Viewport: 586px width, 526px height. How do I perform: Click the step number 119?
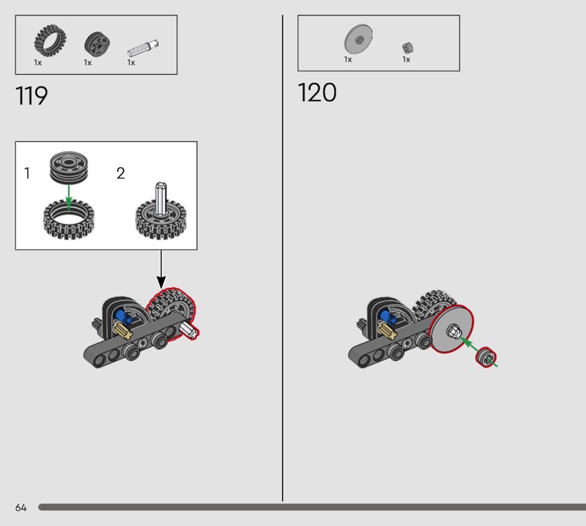pos(31,96)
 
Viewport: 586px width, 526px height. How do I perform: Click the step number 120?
pos(317,93)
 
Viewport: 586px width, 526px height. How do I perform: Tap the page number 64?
pos(21,508)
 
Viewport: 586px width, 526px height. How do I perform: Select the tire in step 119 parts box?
pos(48,42)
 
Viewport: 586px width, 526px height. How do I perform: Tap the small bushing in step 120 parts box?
pos(408,48)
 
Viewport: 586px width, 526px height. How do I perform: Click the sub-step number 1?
pos(27,174)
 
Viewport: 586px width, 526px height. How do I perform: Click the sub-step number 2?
pos(121,174)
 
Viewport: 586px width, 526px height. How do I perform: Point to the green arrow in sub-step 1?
pos(68,196)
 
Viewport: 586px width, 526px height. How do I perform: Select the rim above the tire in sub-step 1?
pos(68,167)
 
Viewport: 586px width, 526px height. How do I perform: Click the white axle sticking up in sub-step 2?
pos(161,196)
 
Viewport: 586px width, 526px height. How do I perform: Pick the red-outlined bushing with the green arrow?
pos(483,358)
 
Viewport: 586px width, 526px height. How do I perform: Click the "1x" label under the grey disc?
pos(349,59)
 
